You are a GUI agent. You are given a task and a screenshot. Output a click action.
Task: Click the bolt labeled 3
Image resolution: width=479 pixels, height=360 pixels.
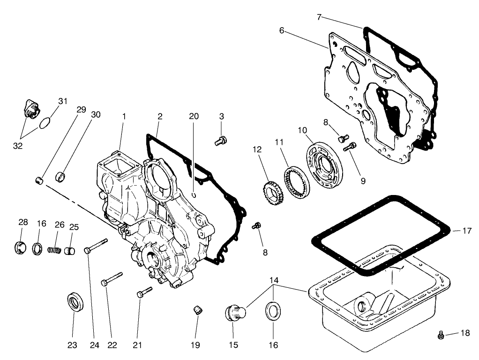click(x=221, y=140)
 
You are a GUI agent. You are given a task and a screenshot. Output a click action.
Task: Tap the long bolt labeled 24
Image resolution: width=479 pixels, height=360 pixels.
click(x=97, y=246)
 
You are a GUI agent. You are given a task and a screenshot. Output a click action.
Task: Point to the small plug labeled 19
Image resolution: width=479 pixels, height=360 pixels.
click(x=198, y=310)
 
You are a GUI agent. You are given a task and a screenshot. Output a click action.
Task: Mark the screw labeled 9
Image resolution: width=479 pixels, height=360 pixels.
click(x=350, y=147)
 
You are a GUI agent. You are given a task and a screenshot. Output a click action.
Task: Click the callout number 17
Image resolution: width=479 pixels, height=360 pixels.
click(x=467, y=231)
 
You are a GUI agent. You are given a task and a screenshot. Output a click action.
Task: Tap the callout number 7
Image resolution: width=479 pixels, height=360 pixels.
click(x=319, y=17)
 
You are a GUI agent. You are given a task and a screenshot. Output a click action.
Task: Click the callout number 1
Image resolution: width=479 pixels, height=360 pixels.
click(x=124, y=116)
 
